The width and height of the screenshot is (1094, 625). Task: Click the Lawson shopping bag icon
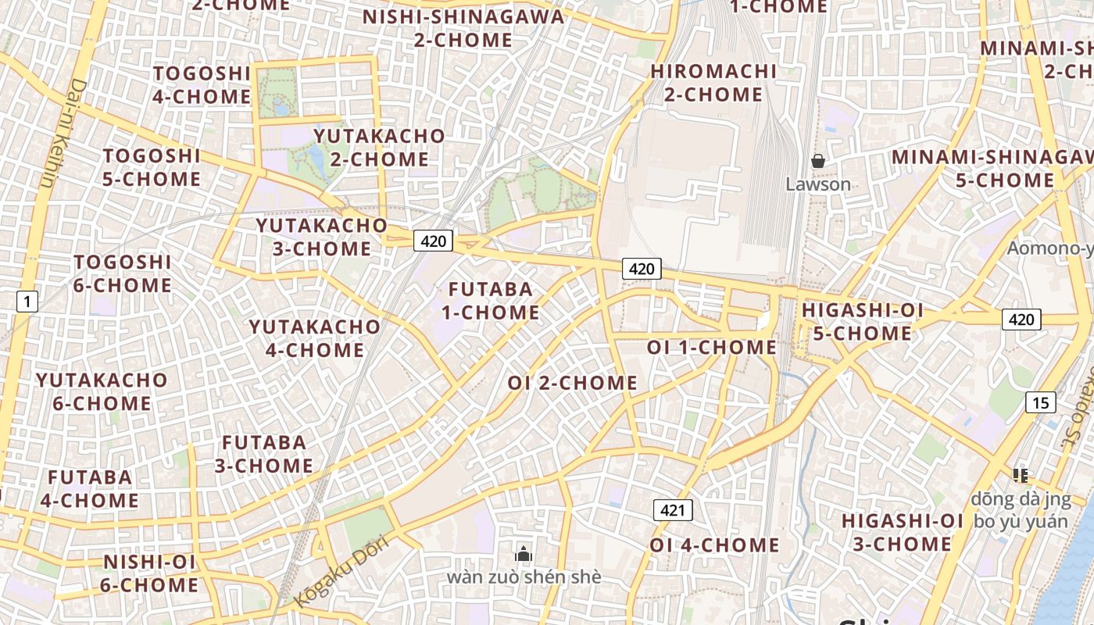coord(818,162)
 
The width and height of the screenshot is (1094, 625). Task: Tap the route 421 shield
coord(673,511)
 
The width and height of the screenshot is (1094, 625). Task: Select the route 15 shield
coord(1040,402)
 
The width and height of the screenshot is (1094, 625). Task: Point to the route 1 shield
coord(27,301)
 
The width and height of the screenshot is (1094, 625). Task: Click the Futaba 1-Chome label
coord(491,301)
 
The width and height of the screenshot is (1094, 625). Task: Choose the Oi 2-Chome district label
coord(572,383)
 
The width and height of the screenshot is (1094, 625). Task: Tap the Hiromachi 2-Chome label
coord(713,83)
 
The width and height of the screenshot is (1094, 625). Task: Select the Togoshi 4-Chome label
coord(202,85)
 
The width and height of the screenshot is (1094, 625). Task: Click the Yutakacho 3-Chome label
coord(321,237)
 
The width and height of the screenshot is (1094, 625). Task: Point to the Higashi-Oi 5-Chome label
coord(862,322)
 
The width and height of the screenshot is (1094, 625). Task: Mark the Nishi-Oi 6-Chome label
coord(151,573)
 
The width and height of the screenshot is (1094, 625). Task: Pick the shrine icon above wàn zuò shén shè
coord(524,554)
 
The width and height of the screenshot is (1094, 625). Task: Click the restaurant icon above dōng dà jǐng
coord(1020,474)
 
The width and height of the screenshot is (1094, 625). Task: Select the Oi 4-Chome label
coord(714,545)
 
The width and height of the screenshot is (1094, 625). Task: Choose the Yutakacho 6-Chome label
coord(102,391)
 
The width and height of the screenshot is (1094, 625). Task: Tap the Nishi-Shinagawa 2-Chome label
coord(463,28)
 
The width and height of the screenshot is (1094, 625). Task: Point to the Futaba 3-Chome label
coord(264,454)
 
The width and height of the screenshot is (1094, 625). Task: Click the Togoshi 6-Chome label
coord(123,273)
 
